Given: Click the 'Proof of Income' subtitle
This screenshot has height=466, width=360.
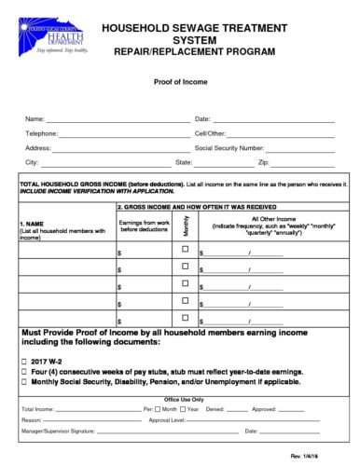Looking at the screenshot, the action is tap(180, 82).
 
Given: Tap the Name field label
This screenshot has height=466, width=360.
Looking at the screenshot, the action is tap(34, 119).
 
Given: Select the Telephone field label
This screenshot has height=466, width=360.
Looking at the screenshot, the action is tap(40, 133).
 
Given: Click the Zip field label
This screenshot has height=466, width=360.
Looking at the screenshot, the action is tap(263, 162).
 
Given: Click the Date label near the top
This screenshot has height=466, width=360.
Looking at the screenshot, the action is tap(202, 119).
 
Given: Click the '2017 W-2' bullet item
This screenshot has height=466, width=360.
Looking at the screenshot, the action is tap(45, 361).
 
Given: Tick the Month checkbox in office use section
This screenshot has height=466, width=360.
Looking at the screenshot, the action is tap(159, 409).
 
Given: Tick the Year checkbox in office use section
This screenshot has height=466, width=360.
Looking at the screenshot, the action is tap(184, 409).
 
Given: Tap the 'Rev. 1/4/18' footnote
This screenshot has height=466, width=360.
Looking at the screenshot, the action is tap(330, 454).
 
